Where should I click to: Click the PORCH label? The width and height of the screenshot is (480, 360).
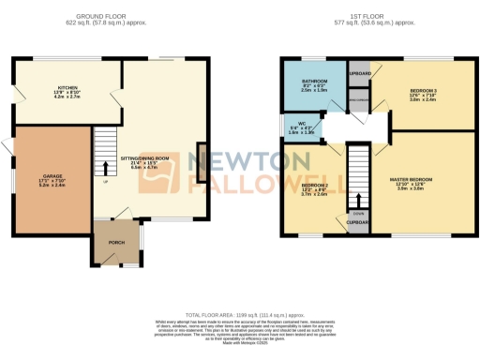[116, 242]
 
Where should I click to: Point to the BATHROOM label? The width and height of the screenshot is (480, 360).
[314, 82]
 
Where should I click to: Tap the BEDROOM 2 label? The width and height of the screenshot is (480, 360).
[313, 184]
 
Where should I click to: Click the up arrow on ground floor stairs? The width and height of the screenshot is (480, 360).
[105, 170]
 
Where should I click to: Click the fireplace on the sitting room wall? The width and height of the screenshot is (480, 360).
[200, 163]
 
